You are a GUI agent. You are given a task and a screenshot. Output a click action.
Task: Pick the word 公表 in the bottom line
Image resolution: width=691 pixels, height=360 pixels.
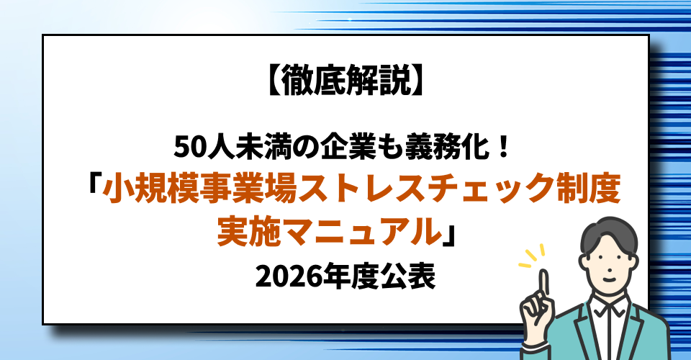(x=413, y=275)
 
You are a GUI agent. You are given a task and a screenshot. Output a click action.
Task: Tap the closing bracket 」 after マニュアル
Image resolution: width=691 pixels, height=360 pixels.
(x=452, y=232)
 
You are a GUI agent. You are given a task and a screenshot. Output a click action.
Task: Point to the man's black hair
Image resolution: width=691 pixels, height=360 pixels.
(x=612, y=231)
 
